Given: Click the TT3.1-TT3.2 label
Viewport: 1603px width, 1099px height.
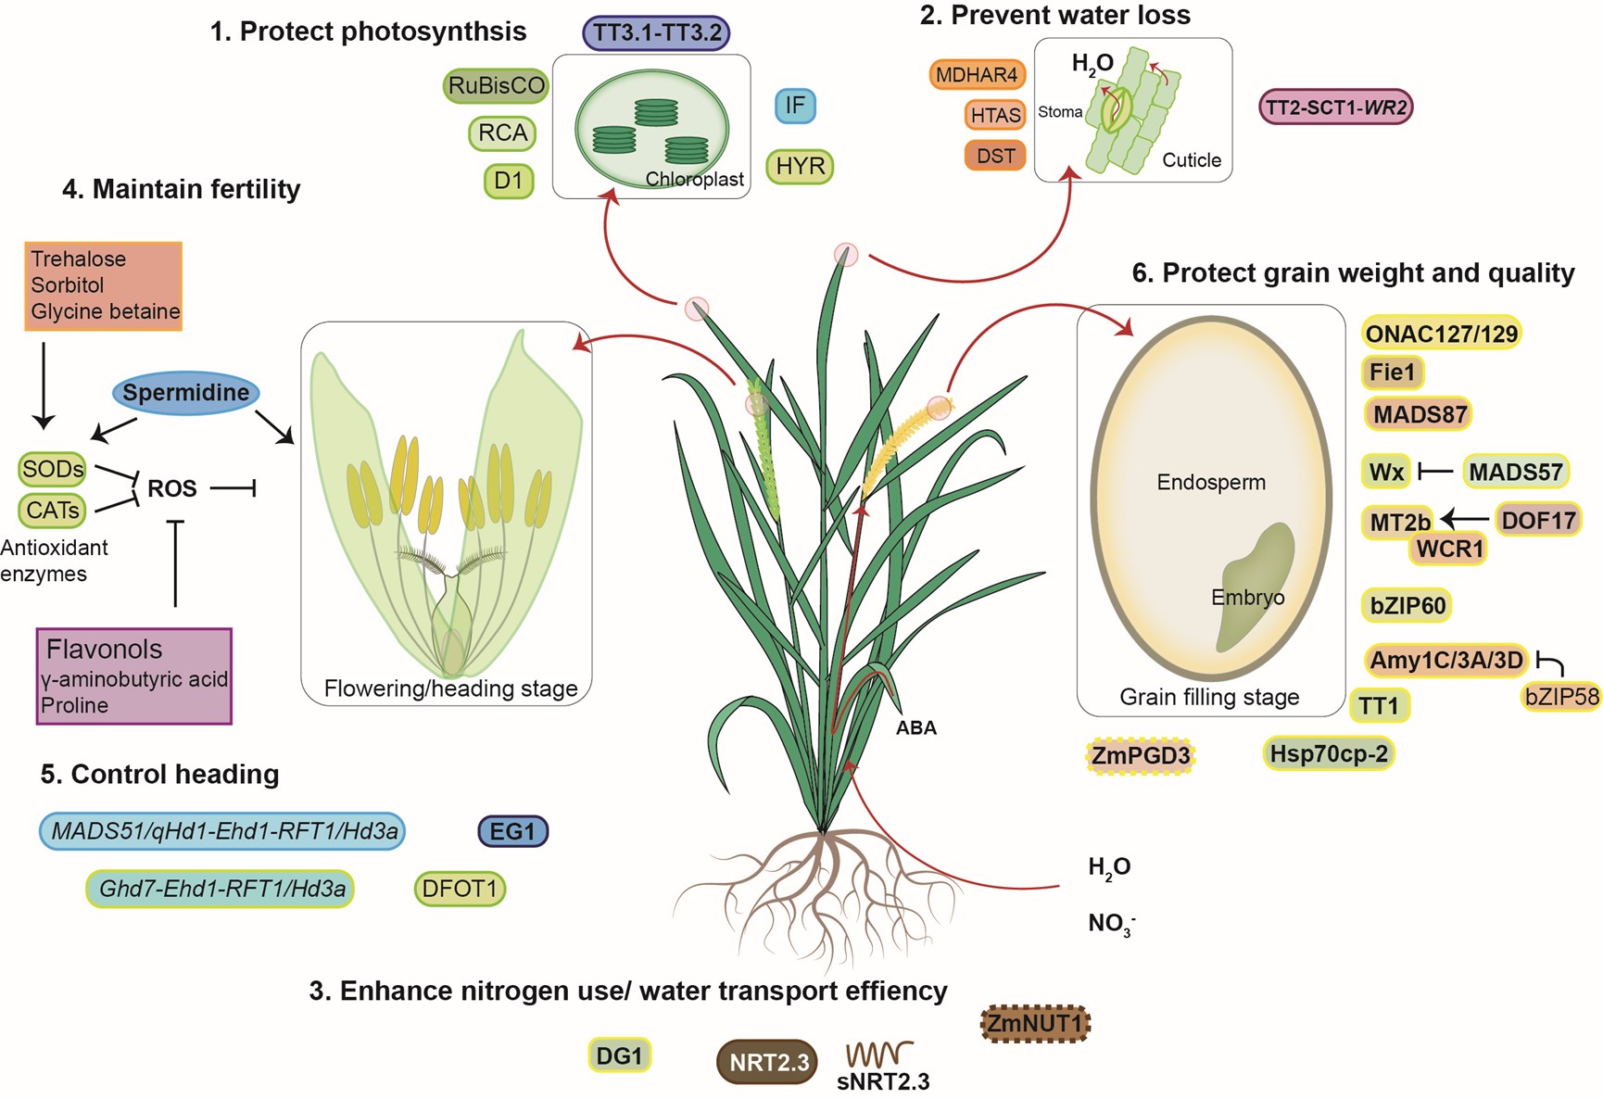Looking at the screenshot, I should tap(656, 32).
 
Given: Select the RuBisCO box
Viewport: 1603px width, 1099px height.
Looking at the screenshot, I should tap(496, 86).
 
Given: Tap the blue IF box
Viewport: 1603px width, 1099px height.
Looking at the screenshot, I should tap(794, 106).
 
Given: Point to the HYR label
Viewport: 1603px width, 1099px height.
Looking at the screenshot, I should tap(800, 167).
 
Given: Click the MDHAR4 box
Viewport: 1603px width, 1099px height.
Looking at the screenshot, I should tap(976, 75).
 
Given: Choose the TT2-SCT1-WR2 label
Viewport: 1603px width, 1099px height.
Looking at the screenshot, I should tap(1335, 107).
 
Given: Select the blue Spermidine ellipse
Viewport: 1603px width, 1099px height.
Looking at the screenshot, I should tap(185, 393).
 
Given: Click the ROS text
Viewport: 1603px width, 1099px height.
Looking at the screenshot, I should tap(172, 488).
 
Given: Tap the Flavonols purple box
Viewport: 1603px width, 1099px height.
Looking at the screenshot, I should tap(133, 676).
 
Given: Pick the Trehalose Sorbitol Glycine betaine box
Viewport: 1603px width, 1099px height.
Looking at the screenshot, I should tap(103, 285).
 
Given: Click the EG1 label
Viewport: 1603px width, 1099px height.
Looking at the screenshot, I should tap(512, 831).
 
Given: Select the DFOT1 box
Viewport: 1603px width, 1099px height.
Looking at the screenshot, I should tap(459, 889).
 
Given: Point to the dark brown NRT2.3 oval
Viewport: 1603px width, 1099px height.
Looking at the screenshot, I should tap(767, 1062).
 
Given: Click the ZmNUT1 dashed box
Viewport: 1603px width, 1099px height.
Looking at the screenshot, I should tap(1034, 1024).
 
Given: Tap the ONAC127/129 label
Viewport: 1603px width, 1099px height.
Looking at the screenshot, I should tap(1441, 334).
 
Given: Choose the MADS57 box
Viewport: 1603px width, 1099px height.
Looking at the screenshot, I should tap(1515, 472).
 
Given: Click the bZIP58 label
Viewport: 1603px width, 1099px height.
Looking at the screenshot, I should tap(1561, 696).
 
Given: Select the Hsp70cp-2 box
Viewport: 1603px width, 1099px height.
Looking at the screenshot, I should tap(1328, 753).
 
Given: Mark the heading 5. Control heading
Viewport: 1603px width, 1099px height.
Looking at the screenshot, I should tap(159, 774).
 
